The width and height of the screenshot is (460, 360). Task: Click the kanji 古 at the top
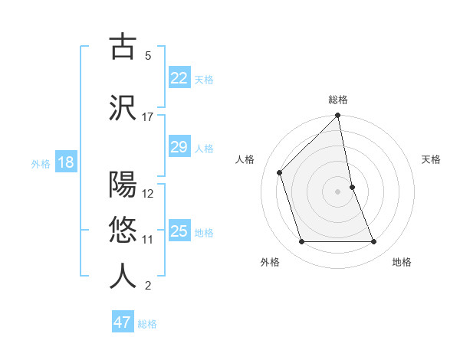pyautogui.click(x=123, y=46)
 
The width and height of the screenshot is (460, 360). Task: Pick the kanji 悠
pyautogui.click(x=123, y=230)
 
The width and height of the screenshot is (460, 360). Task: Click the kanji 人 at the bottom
pyautogui.click(x=123, y=277)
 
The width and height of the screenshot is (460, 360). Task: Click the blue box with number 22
pyautogui.click(x=179, y=77)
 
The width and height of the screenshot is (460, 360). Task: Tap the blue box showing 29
pyautogui.click(x=179, y=147)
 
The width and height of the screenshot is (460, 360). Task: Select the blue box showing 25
pyautogui.click(x=179, y=231)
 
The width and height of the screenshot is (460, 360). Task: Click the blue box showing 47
pyautogui.click(x=122, y=322)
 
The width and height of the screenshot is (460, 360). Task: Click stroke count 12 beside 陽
pyautogui.click(x=148, y=193)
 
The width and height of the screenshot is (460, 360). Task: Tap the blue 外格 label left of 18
pyautogui.click(x=41, y=163)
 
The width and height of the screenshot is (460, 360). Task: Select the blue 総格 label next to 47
pyautogui.click(x=147, y=323)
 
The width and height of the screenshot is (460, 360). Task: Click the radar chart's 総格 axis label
pyautogui.click(x=338, y=100)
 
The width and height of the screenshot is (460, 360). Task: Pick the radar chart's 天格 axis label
pyautogui.click(x=432, y=159)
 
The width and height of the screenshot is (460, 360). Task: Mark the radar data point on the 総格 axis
pyautogui.click(x=337, y=116)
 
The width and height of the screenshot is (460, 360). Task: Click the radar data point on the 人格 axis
pyautogui.click(x=280, y=172)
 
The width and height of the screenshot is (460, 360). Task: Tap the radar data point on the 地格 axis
pyautogui.click(x=374, y=242)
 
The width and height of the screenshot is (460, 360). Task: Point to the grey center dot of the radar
pyautogui.click(x=337, y=191)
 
